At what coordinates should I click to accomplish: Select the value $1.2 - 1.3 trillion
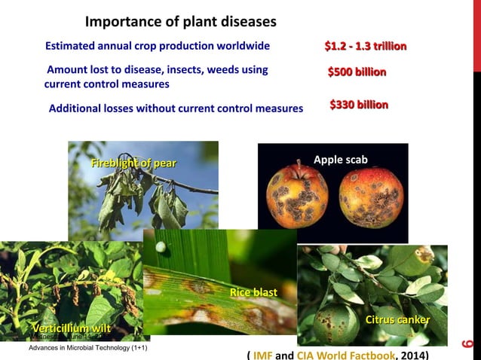(365, 47)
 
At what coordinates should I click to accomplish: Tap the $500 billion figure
(357, 72)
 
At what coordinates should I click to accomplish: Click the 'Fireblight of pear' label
(133, 163)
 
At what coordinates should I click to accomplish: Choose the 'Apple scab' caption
(340, 160)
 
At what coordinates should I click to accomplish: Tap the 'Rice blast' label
(253, 292)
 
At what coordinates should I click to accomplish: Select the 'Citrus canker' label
(397, 320)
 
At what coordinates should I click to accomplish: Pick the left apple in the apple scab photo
(297, 197)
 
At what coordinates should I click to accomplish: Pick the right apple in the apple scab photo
(370, 198)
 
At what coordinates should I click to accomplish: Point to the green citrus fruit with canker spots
(336, 322)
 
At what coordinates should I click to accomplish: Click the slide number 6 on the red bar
(467, 346)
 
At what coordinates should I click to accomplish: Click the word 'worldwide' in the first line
(244, 47)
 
